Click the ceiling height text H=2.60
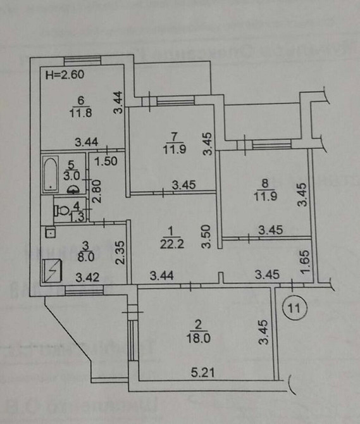(66, 75)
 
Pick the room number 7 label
(173, 134)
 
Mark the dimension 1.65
(306, 260)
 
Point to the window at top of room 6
(82, 59)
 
